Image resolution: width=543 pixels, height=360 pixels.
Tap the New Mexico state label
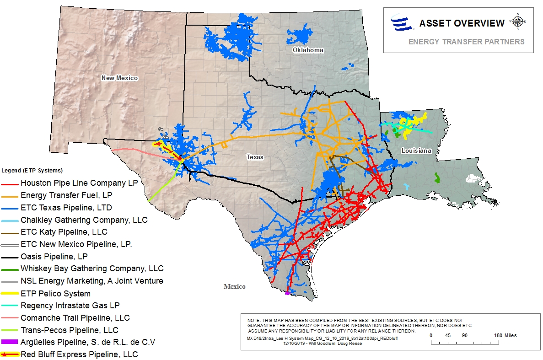pos(119,78)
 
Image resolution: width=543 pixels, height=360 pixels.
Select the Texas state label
pos(255,157)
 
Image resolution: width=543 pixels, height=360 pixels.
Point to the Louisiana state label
pos(416,150)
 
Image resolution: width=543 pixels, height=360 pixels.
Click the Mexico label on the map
pos(234,286)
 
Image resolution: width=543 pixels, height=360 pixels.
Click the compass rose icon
pos(518,21)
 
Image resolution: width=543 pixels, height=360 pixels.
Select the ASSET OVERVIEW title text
pos(462,23)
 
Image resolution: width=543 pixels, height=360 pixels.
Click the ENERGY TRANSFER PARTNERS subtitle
pos(466,42)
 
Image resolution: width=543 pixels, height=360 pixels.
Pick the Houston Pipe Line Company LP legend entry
pos(79,183)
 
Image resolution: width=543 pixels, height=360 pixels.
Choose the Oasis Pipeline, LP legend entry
pos(54,257)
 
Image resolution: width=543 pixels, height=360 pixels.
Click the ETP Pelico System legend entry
pos(55,294)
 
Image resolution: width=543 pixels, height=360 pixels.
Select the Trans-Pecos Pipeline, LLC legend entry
pos(69,330)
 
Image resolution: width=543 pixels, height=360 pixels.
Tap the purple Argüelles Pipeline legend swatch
pos(9,342)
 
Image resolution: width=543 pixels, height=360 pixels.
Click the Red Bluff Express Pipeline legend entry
pos(79,355)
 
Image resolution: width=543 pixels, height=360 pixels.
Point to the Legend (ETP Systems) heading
pos(32,171)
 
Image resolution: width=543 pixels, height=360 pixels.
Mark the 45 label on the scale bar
pos(447,335)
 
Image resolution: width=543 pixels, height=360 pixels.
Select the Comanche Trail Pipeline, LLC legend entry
pos(75,318)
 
